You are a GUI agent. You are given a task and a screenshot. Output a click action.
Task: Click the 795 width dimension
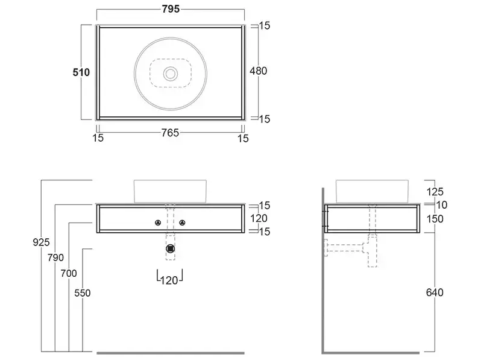(x=171, y=9)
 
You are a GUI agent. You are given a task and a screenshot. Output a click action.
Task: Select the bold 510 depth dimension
(x=81, y=72)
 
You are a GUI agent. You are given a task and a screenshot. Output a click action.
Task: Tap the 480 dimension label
(x=259, y=71)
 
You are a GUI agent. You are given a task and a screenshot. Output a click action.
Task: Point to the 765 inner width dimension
(x=170, y=133)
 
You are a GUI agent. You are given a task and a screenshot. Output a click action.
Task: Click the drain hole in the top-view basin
(x=171, y=74)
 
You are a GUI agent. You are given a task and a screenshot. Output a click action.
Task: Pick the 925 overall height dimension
(x=41, y=242)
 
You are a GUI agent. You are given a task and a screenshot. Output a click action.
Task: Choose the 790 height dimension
(x=55, y=257)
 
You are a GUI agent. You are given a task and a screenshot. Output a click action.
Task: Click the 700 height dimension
(x=69, y=273)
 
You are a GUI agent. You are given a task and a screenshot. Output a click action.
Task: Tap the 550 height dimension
(x=83, y=293)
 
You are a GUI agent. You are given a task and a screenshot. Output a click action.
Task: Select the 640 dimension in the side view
(x=435, y=292)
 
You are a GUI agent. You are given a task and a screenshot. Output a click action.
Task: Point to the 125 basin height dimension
(x=435, y=192)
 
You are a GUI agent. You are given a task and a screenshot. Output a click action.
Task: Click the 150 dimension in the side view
(x=435, y=219)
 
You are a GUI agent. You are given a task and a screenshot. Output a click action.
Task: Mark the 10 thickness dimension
(x=442, y=204)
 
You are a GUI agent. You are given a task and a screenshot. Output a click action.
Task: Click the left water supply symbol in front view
(x=158, y=223)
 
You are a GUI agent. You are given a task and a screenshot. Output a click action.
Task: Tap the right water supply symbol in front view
(x=183, y=223)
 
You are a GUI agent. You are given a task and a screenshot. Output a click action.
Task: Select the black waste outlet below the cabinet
(x=170, y=248)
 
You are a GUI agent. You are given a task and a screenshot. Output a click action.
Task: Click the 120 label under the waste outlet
(x=169, y=280)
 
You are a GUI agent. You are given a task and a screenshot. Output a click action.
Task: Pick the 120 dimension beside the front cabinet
(x=259, y=218)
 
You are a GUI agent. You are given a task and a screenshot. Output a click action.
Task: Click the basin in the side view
(x=372, y=192)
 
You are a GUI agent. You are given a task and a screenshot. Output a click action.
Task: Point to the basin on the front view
(x=170, y=192)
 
